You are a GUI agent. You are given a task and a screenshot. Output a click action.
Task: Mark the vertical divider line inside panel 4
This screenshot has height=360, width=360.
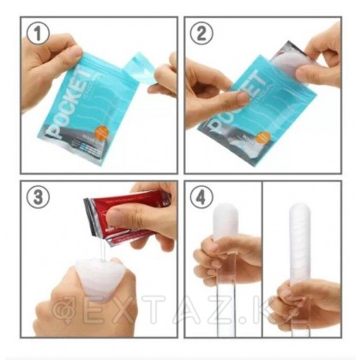(x=262, y=257)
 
